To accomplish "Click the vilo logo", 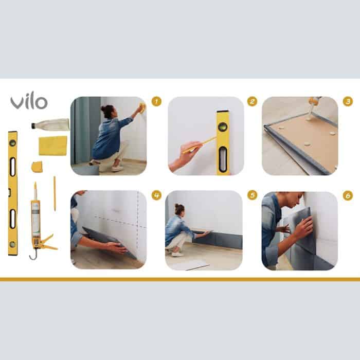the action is (29, 101).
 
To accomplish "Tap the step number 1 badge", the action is (156, 101).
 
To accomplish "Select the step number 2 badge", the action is (252, 101).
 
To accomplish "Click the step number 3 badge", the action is (348, 101).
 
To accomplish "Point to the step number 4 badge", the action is (156, 195).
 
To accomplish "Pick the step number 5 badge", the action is (252, 195).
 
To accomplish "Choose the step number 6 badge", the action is (348, 196).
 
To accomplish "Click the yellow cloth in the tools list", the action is (53, 146).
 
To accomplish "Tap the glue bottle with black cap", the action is (50, 124).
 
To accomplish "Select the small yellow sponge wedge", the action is (37, 167).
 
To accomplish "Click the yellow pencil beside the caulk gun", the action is (55, 193).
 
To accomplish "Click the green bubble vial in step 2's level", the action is (222, 127).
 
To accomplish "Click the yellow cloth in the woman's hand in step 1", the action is (142, 107).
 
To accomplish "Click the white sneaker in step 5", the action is (178, 254).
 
